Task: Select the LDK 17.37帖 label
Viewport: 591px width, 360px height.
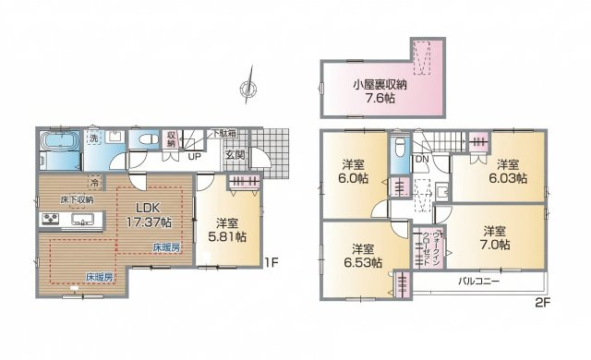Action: coord(145,215)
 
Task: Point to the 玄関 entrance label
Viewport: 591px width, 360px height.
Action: coord(236,155)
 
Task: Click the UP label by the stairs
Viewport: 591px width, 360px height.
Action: coord(195,157)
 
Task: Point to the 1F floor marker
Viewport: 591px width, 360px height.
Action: coord(271,261)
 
